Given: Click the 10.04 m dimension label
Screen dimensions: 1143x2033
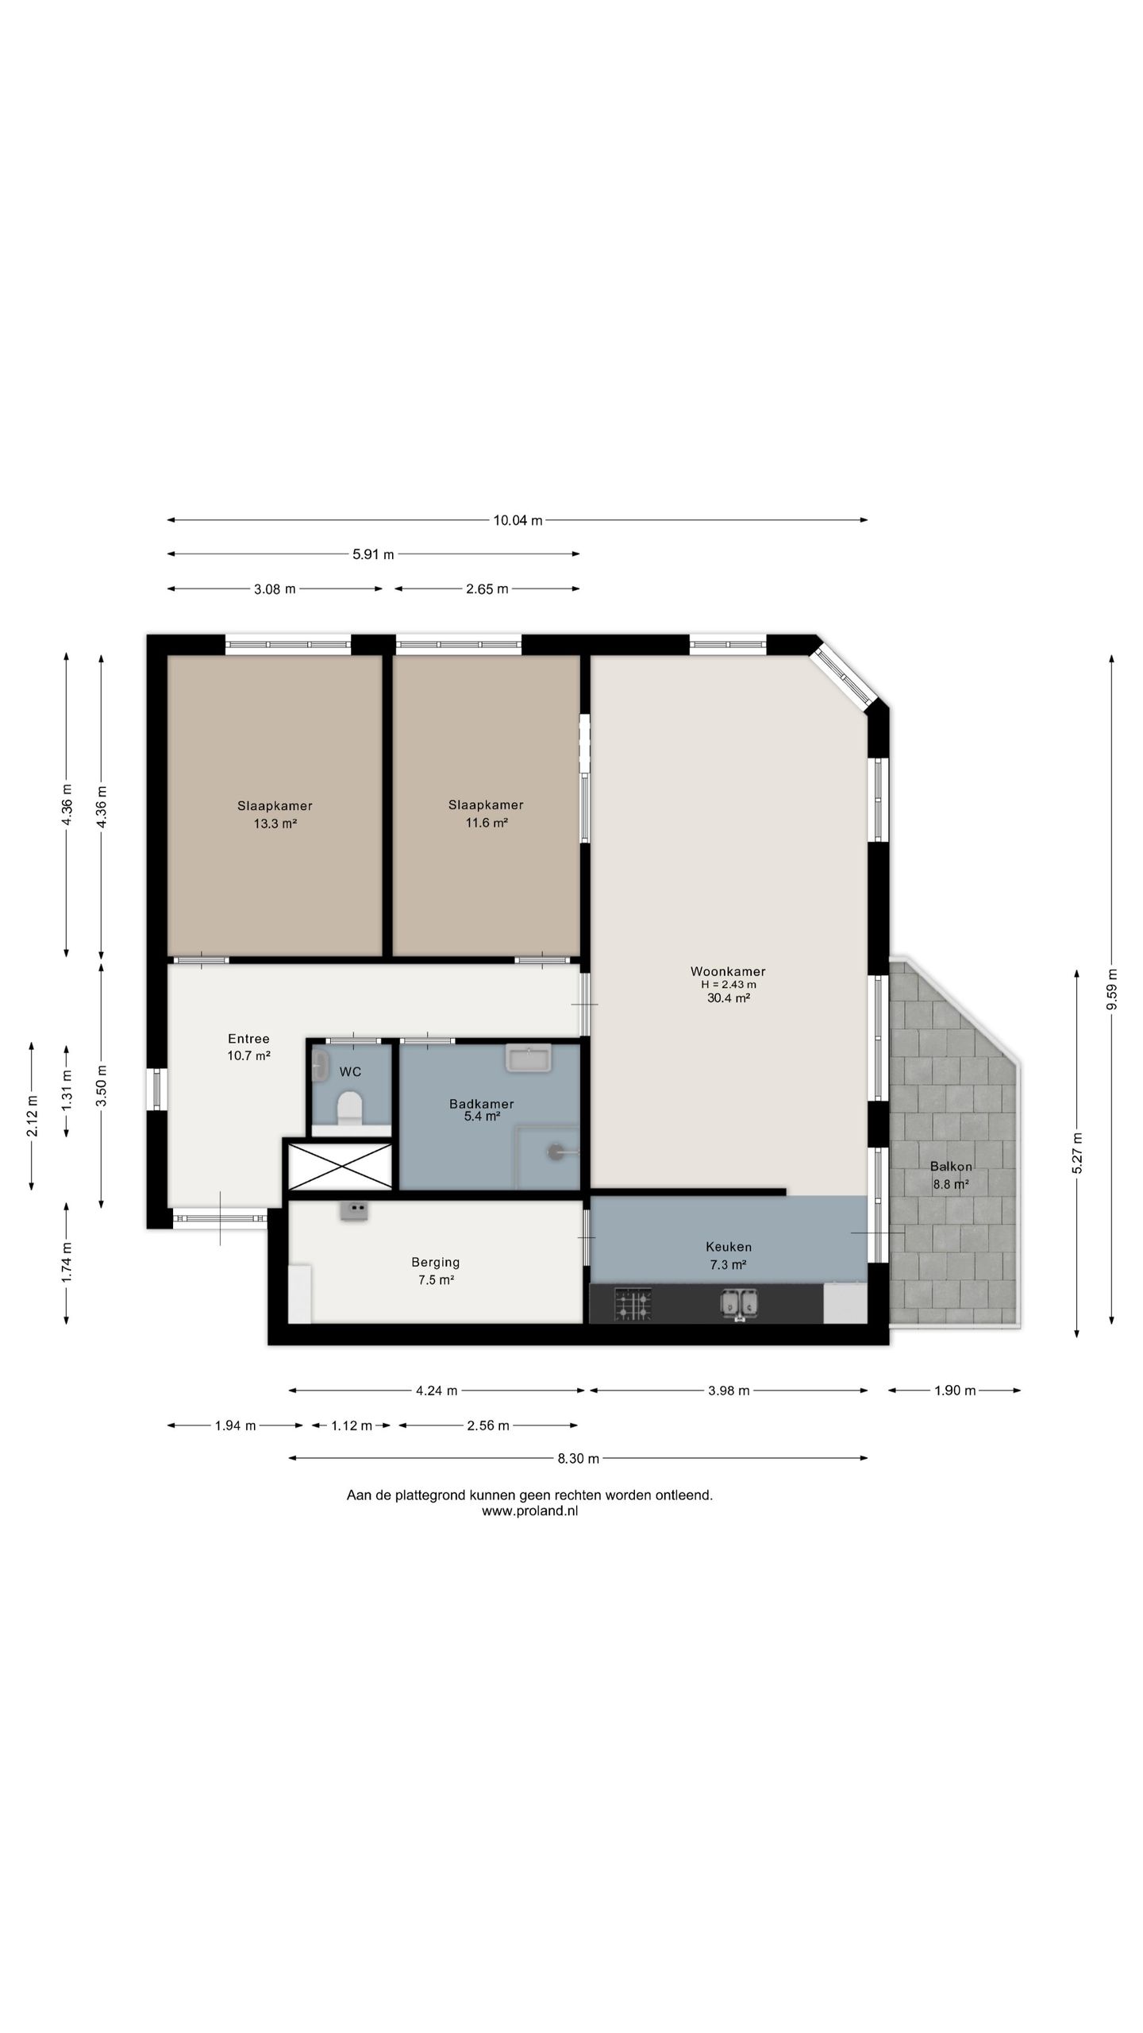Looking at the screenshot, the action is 518,520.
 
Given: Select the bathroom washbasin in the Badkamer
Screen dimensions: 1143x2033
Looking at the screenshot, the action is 529,1059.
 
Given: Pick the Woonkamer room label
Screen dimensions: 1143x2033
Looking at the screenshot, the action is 728,971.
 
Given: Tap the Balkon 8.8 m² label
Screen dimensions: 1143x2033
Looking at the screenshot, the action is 951,1175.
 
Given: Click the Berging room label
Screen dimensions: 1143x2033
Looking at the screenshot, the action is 435,1262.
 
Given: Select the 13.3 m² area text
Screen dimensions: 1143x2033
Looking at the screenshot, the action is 275,824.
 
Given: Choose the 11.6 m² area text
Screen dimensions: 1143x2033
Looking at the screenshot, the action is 486,823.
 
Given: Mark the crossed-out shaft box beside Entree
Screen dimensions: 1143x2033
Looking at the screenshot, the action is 340,1166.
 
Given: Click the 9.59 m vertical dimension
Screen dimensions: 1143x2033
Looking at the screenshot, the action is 1111,989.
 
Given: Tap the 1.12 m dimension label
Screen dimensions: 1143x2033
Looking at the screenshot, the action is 351,1425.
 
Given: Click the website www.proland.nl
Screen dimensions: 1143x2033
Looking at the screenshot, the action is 529,1511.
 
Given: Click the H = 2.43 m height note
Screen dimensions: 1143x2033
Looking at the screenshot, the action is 728,985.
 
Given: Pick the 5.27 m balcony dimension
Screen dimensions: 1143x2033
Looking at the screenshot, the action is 1076,1153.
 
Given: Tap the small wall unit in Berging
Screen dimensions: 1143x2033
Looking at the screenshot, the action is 354,1210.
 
